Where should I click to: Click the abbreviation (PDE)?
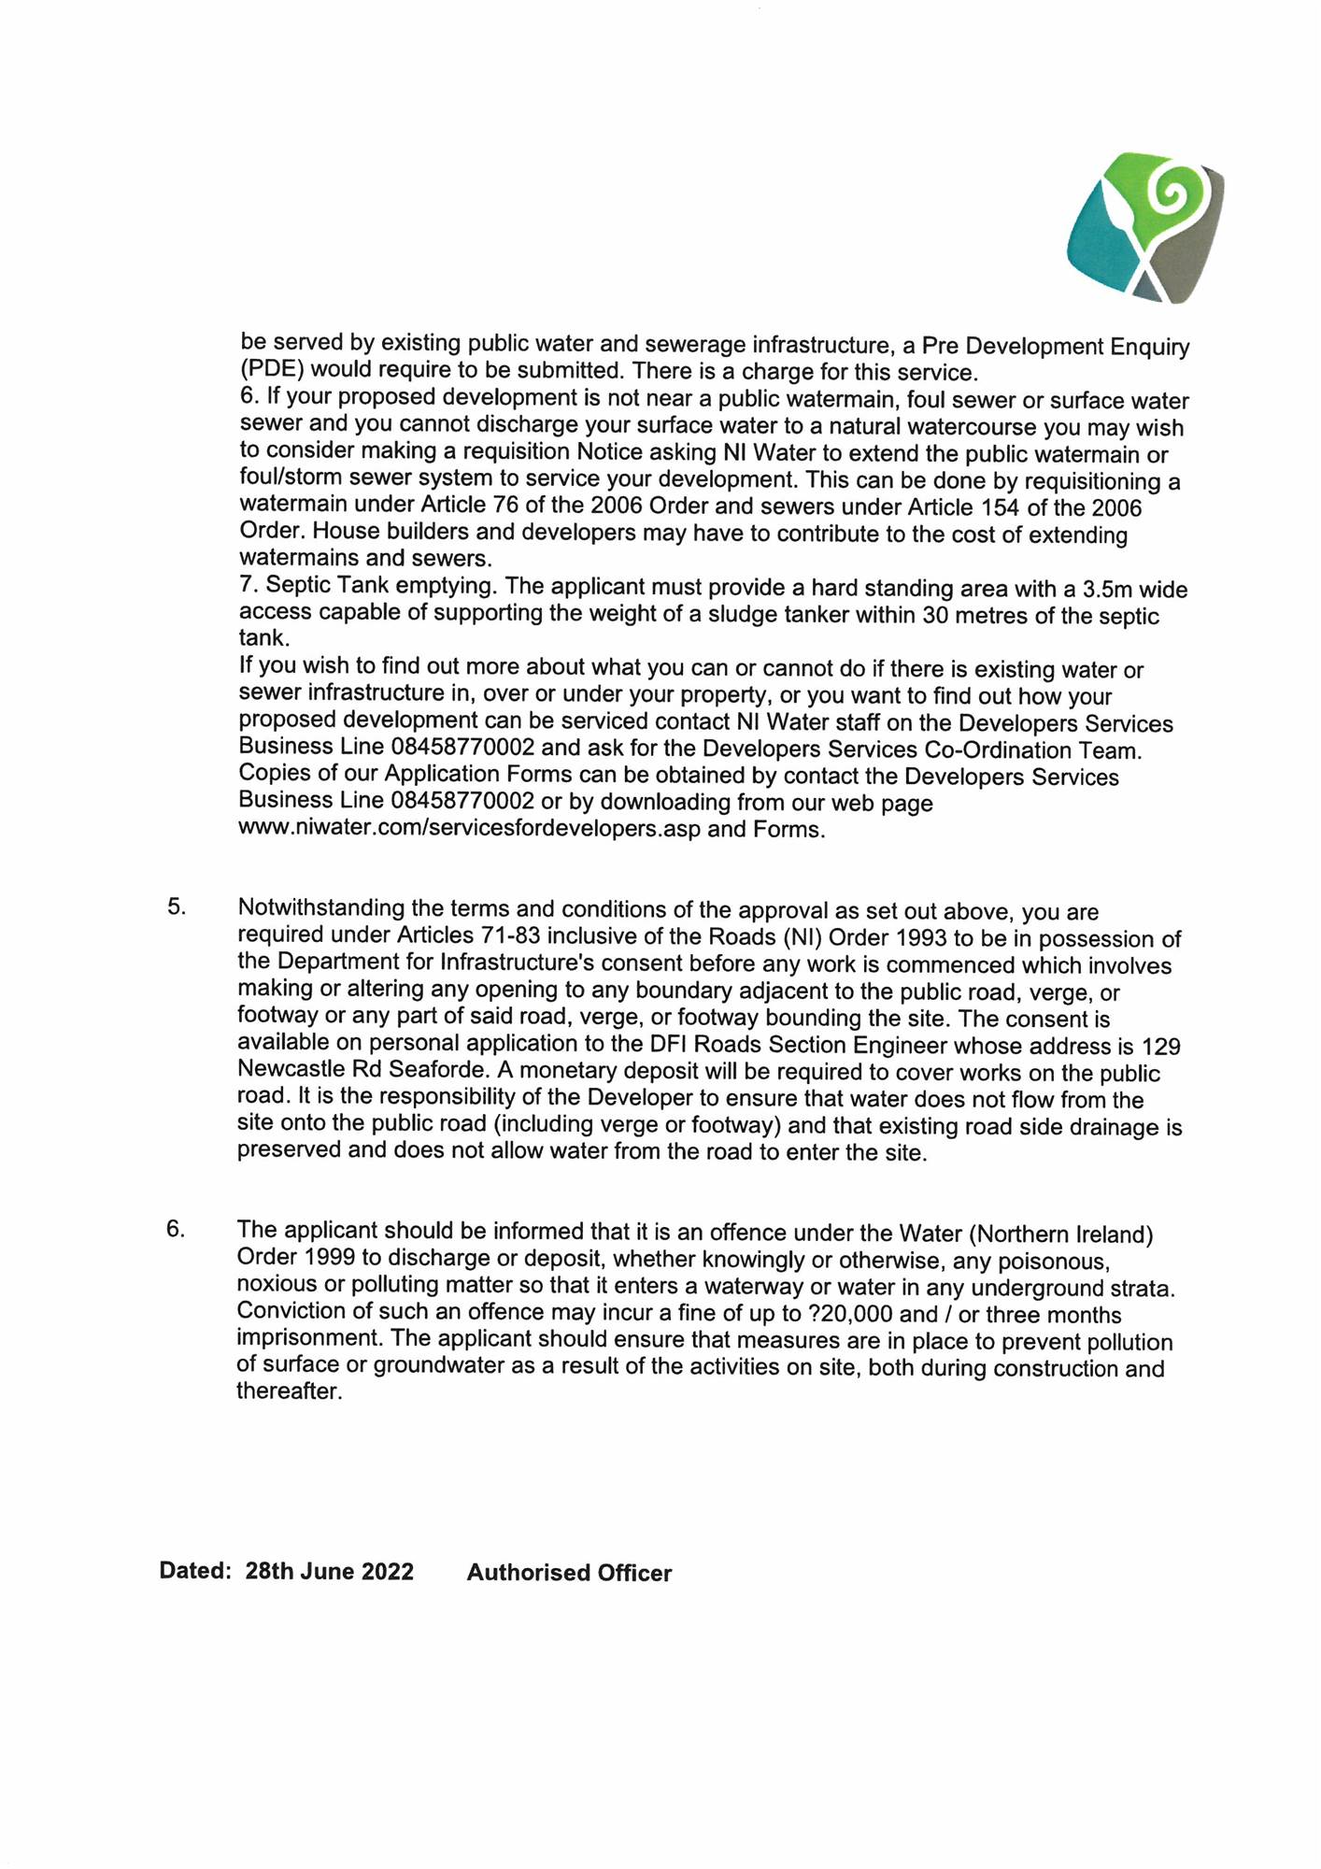click(x=272, y=368)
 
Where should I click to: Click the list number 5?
click(x=178, y=906)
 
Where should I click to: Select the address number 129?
click(x=1161, y=1046)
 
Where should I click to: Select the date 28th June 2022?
click(x=329, y=1571)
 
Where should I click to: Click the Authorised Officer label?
click(x=569, y=1573)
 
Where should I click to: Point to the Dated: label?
click(x=195, y=1570)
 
